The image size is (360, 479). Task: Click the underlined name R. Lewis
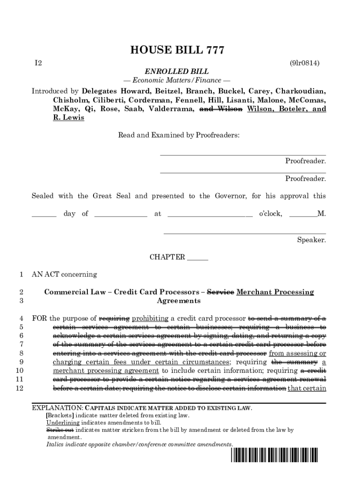[x=69, y=118]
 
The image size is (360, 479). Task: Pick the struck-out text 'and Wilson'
[x=221, y=109]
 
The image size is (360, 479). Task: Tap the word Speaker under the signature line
[x=311, y=240]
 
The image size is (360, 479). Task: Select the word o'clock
[x=270, y=214]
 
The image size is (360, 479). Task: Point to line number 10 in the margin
[x=20, y=371]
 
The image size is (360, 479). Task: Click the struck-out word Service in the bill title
[x=220, y=292]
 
